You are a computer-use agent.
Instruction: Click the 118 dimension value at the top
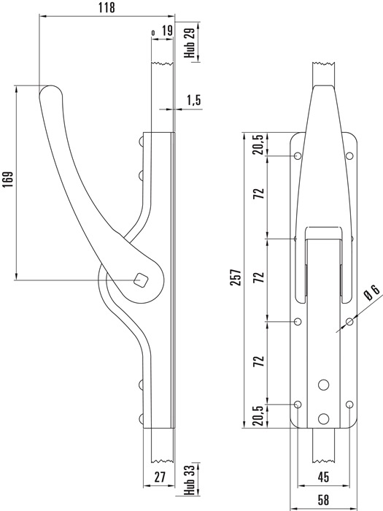(x=107, y=7)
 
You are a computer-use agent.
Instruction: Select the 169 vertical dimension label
(x=8, y=180)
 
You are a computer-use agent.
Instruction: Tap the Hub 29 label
(x=190, y=42)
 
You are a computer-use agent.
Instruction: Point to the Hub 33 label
(x=190, y=480)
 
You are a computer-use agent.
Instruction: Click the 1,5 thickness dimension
(x=194, y=101)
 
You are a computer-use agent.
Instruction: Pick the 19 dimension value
(x=167, y=31)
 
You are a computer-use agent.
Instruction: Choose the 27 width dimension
(x=159, y=477)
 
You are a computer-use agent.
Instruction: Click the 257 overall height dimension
(x=236, y=277)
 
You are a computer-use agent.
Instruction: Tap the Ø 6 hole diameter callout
(x=372, y=292)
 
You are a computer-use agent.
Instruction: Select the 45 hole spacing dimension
(x=323, y=477)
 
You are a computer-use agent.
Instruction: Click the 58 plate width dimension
(x=323, y=499)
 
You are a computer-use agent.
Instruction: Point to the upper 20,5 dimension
(x=259, y=145)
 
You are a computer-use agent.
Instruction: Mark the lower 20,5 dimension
(x=259, y=416)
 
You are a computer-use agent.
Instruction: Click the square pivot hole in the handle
(x=142, y=280)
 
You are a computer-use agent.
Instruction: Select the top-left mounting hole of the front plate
(x=298, y=156)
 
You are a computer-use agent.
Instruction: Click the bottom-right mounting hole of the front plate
(x=349, y=404)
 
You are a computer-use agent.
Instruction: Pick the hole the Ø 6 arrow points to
(x=349, y=322)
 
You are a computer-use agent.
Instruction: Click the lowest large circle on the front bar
(x=323, y=419)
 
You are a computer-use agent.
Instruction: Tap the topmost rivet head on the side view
(x=141, y=142)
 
